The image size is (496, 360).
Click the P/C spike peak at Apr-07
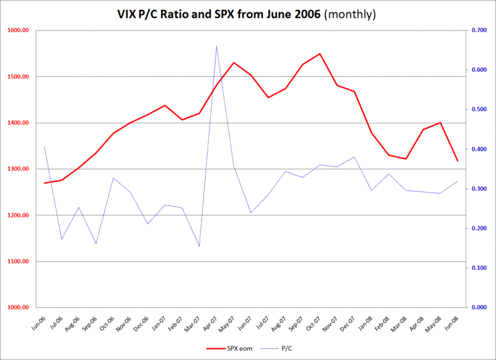[216, 46]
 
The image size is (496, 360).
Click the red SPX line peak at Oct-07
[319, 54]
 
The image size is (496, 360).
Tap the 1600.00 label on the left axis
[17, 30]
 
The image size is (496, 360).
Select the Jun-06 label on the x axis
[38, 320]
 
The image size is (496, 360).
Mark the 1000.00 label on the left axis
[17, 307]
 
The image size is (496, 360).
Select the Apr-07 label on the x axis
[210, 320]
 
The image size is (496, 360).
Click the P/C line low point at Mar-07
[199, 246]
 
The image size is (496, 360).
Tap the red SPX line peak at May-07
[234, 63]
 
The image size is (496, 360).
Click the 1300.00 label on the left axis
[17, 169]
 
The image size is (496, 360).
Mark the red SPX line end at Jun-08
[457, 161]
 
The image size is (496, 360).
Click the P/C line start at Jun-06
[44, 147]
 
